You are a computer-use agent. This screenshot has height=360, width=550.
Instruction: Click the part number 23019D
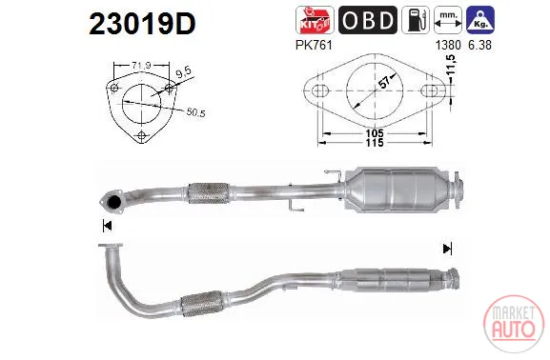coord(142,24)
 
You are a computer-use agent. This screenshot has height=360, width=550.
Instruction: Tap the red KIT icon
coord(315,20)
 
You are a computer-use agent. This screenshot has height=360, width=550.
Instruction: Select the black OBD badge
coord(368,20)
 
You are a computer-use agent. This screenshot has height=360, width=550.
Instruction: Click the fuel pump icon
coord(416,20)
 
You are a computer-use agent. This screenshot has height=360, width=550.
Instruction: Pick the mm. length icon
coord(448,20)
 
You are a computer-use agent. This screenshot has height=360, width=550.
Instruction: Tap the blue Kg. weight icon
coord(480,20)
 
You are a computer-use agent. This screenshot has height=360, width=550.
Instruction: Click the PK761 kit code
coord(314,45)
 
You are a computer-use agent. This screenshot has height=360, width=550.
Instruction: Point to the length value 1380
coord(448,45)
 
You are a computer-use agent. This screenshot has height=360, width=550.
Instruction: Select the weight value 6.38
coord(479,45)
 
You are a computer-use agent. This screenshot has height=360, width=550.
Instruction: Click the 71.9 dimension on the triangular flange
coord(141,65)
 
